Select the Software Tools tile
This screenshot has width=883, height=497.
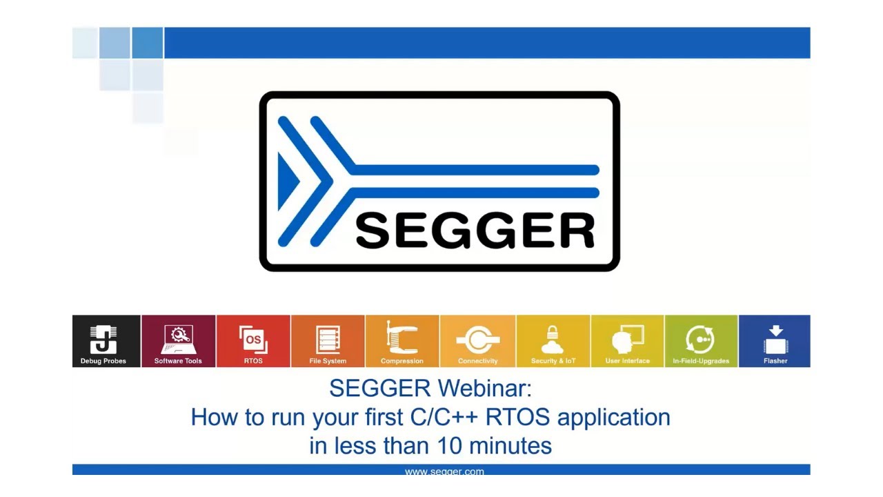click(179, 341)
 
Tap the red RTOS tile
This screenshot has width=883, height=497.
click(253, 341)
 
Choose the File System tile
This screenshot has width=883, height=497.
click(328, 341)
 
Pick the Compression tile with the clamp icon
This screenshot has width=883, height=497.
click(402, 341)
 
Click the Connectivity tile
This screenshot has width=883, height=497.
click(477, 341)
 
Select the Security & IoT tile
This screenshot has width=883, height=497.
click(553, 341)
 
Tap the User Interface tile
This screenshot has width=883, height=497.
click(627, 341)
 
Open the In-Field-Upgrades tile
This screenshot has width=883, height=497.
click(701, 341)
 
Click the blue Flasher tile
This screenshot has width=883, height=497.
click(775, 341)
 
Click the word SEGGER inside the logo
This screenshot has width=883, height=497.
click(475, 231)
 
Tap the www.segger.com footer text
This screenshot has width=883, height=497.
click(444, 472)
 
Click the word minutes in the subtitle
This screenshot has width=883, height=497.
click(510, 446)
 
